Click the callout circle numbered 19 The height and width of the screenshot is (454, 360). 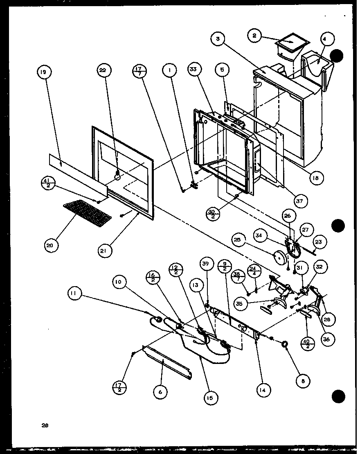pos(43,72)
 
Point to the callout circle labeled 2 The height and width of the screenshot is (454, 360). pos(255,36)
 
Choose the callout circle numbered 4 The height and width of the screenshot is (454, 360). pos(326,40)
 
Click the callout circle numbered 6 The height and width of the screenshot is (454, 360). pos(160,392)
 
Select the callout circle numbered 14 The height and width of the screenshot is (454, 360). pos(262,390)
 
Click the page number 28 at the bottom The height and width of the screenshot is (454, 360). pos(45,425)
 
